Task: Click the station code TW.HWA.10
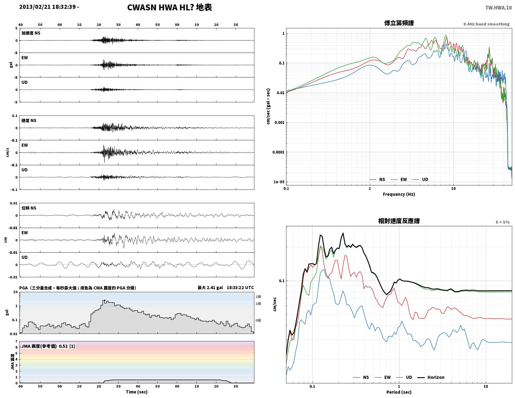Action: pyautogui.click(x=498, y=7)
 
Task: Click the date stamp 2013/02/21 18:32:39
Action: pyautogui.click(x=47, y=7)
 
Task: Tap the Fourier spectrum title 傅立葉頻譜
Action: pyautogui.click(x=399, y=23)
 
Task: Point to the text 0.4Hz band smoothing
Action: pyautogui.click(x=486, y=24)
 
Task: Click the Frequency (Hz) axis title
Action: pyautogui.click(x=399, y=194)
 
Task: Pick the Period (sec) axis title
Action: pyautogui.click(x=399, y=392)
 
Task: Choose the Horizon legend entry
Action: pyautogui.click(x=431, y=377)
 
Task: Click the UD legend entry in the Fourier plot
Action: pyautogui.click(x=420, y=180)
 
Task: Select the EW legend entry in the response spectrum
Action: pyautogui.click(x=383, y=377)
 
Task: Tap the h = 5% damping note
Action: pyautogui.click(x=503, y=222)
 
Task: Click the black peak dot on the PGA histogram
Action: pyautogui.click(x=104, y=300)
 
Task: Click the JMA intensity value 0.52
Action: pyautogui.click(x=63, y=346)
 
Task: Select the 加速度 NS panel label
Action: pyautogui.click(x=31, y=33)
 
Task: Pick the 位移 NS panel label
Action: pyautogui.click(x=29, y=208)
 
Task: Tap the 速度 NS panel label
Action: pyautogui.click(x=29, y=120)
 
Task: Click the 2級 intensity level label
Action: pyautogui.click(x=258, y=297)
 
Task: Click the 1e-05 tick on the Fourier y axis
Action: pyautogui.click(x=279, y=182)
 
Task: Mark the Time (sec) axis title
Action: pyautogui.click(x=137, y=392)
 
